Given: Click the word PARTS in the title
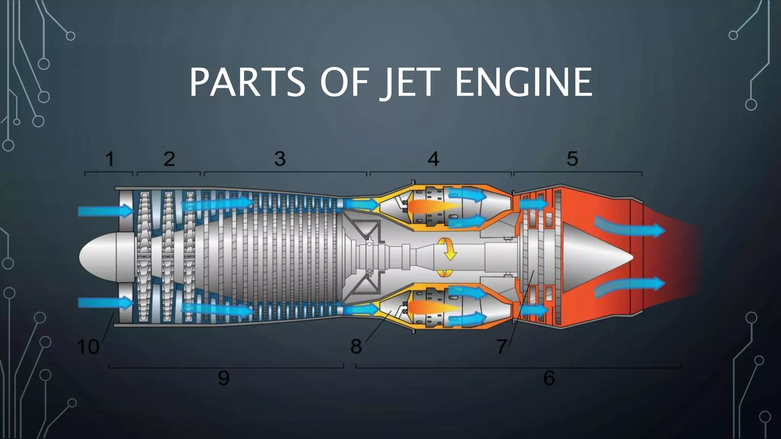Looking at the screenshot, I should [247, 82].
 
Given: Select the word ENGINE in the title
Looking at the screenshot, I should [523, 82].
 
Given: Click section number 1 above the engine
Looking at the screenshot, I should [109, 159].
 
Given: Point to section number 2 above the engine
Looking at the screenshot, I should [169, 159].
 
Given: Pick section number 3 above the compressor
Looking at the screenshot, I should [280, 159].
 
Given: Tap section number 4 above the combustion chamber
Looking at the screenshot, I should [433, 159].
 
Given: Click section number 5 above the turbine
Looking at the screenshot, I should [572, 159].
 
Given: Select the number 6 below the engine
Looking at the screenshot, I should [549, 378].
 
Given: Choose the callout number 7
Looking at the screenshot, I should [502, 346].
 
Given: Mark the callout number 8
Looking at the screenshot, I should [356, 346].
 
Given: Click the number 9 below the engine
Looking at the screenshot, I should [224, 378].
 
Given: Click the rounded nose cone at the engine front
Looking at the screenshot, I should [99, 257].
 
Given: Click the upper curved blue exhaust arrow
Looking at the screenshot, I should [629, 228].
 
